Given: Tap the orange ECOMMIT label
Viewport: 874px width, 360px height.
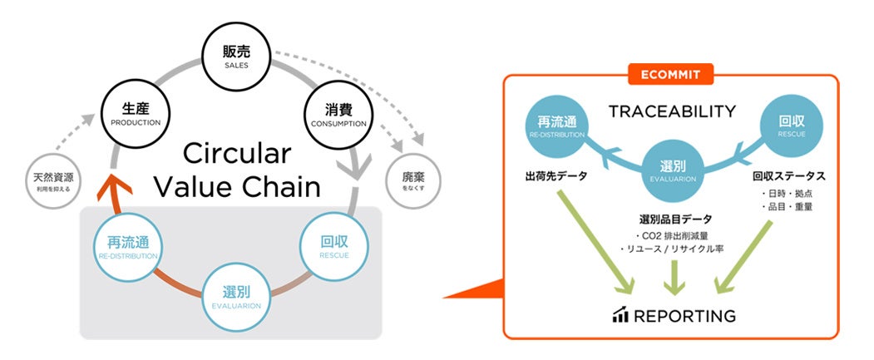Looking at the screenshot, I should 670,75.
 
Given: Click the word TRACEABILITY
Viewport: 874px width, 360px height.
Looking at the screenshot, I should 671,111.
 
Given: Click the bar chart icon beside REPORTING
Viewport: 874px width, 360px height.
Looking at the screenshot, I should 620,315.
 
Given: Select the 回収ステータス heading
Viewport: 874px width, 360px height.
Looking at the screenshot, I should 788,176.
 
